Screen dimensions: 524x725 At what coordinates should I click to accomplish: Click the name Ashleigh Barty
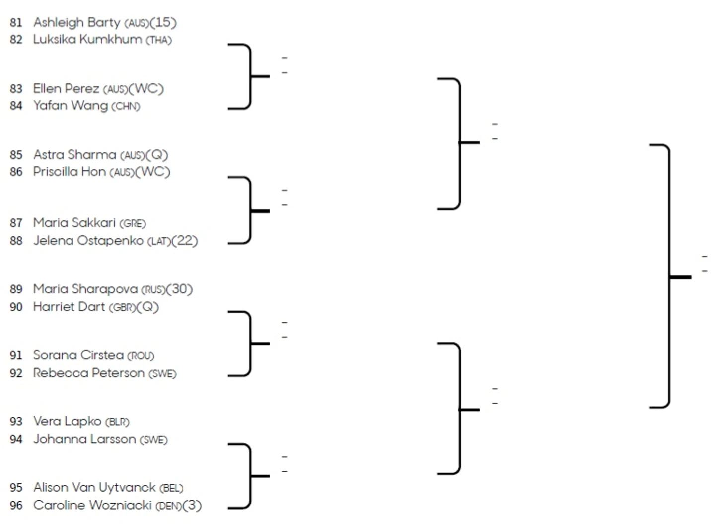click(76, 22)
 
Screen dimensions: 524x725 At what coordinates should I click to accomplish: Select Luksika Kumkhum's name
click(87, 39)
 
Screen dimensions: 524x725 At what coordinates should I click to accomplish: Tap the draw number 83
click(16, 89)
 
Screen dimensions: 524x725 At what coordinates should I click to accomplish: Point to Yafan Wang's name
click(70, 106)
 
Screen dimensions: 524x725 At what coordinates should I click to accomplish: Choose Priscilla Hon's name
click(69, 172)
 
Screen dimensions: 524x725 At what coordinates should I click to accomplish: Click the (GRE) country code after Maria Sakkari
click(133, 223)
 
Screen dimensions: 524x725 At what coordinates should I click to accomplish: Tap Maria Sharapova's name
click(85, 289)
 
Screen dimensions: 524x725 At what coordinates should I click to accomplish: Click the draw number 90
click(16, 307)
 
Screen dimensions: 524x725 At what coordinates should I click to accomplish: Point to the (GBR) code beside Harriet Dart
click(122, 307)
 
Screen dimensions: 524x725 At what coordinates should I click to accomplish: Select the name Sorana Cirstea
click(78, 355)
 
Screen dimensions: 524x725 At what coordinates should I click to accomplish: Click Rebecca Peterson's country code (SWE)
click(162, 373)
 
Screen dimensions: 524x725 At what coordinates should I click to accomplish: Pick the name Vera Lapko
click(67, 421)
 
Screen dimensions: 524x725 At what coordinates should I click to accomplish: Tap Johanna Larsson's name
click(84, 439)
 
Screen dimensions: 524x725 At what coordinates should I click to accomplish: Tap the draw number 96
click(16, 505)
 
